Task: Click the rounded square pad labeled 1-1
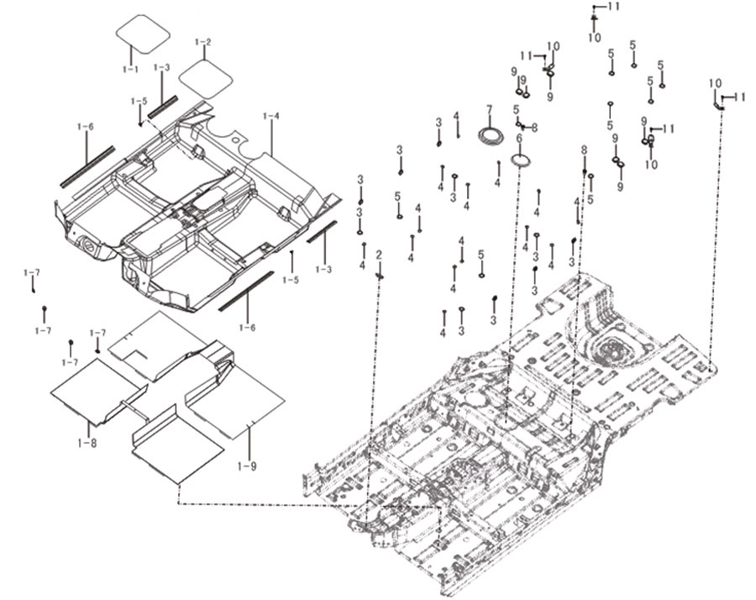pyautogui.click(x=143, y=33)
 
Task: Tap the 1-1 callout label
pyautogui.click(x=130, y=69)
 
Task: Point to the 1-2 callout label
pyautogui.click(x=202, y=42)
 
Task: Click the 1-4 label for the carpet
pyautogui.click(x=271, y=116)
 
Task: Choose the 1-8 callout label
pyautogui.click(x=87, y=442)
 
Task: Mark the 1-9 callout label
pyautogui.click(x=247, y=466)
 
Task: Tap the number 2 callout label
pyautogui.click(x=379, y=255)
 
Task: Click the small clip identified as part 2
pyautogui.click(x=380, y=276)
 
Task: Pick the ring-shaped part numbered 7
pyautogui.click(x=491, y=135)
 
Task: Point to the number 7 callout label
pyautogui.click(x=490, y=109)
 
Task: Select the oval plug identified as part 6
pyautogui.click(x=520, y=161)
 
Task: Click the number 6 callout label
pyautogui.click(x=519, y=139)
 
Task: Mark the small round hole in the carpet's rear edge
pyautogui.click(x=235, y=140)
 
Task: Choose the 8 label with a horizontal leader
pyautogui.click(x=534, y=128)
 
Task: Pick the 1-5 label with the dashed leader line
pyautogui.click(x=139, y=102)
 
